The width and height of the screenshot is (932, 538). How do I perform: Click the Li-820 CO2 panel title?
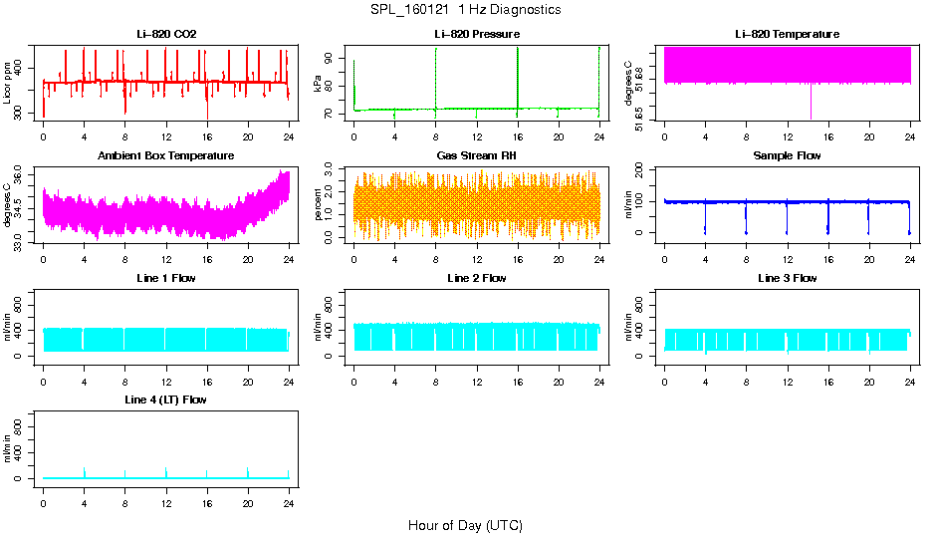[x=166, y=35]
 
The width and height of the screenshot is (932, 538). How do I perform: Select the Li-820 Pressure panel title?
[x=476, y=35]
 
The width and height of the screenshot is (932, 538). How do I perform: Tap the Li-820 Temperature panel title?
[x=787, y=35]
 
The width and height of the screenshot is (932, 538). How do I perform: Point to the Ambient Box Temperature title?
[x=166, y=156]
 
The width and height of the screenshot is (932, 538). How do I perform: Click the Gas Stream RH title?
[x=476, y=156]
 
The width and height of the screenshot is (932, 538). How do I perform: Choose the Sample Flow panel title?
[x=787, y=156]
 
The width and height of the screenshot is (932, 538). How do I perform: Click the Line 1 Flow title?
[x=166, y=278]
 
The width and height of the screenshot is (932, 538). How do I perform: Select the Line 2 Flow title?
[x=476, y=278]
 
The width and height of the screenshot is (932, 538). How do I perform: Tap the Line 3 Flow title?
[x=787, y=278]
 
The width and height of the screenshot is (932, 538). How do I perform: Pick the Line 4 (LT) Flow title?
[x=166, y=400]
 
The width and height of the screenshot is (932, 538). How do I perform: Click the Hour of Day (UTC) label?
[x=465, y=525]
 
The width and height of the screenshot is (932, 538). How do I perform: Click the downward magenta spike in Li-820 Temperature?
[x=811, y=103]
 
